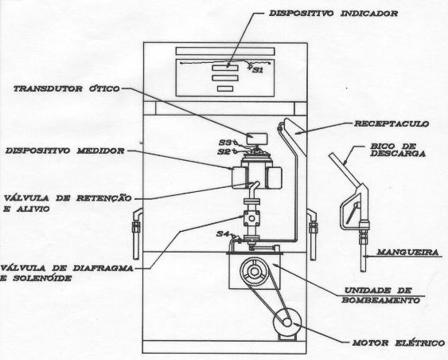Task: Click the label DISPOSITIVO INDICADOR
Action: pyautogui.click(x=333, y=14)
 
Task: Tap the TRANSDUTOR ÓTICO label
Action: pyautogui.click(x=67, y=88)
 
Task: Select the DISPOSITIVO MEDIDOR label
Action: pyautogui.click(x=65, y=151)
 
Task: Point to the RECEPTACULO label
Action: pyautogui.click(x=392, y=123)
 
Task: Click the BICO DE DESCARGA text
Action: pyautogui.click(x=398, y=150)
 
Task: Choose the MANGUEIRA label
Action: pyautogui.click(x=407, y=252)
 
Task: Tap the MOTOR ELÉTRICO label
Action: pyautogui.click(x=399, y=342)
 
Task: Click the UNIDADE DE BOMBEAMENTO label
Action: pyautogui.click(x=381, y=295)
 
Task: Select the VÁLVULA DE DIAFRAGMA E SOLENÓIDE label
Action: pyautogui.click(x=67, y=273)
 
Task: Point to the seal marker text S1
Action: pyautogui.click(x=258, y=70)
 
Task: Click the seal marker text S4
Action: pyautogui.click(x=222, y=234)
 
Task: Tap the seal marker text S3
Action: pyautogui.click(x=225, y=142)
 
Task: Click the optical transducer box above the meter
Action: pyautogui.click(x=257, y=139)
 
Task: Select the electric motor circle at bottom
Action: pyautogui.click(x=286, y=323)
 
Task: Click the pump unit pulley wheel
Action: pyautogui.click(x=254, y=272)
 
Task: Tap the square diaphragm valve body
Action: pyautogui.click(x=251, y=218)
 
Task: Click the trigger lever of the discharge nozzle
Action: pyautogui.click(x=353, y=213)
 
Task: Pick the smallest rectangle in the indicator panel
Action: pyautogui.click(x=225, y=88)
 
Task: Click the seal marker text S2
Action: pyautogui.click(x=224, y=151)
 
